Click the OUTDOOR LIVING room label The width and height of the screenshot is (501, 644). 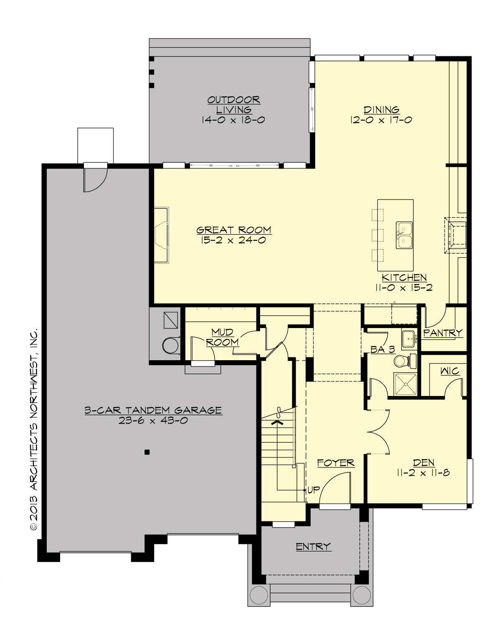[x=234, y=105]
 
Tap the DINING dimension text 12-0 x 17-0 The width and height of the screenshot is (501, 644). [x=381, y=120]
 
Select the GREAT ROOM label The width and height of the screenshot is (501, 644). [x=234, y=230]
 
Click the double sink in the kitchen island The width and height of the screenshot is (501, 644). [x=404, y=235]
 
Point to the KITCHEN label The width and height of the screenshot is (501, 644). [x=404, y=278]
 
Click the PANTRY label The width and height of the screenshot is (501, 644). [x=443, y=333]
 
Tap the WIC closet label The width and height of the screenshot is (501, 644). [x=450, y=371]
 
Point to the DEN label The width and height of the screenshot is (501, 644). [x=423, y=462]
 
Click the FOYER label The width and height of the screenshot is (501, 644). [x=336, y=463]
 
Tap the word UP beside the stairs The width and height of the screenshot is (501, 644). [x=313, y=490]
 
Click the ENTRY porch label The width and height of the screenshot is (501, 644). [x=313, y=546]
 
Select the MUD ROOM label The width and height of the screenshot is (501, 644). [x=222, y=337]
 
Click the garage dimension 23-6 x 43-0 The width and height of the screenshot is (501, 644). [x=153, y=421]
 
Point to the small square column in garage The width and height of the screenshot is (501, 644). [x=147, y=452]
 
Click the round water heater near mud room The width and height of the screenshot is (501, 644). [x=170, y=345]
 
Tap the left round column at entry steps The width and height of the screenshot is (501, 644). [x=258, y=594]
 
